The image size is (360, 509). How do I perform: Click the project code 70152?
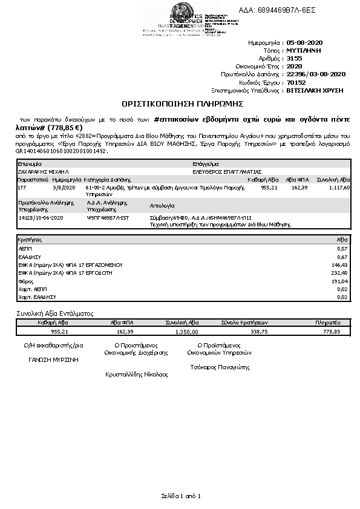(x=295, y=82)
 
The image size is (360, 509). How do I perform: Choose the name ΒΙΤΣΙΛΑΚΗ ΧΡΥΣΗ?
(x=314, y=90)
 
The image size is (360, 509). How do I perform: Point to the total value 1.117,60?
(x=338, y=188)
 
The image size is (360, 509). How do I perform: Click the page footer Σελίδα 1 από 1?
(x=180, y=496)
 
